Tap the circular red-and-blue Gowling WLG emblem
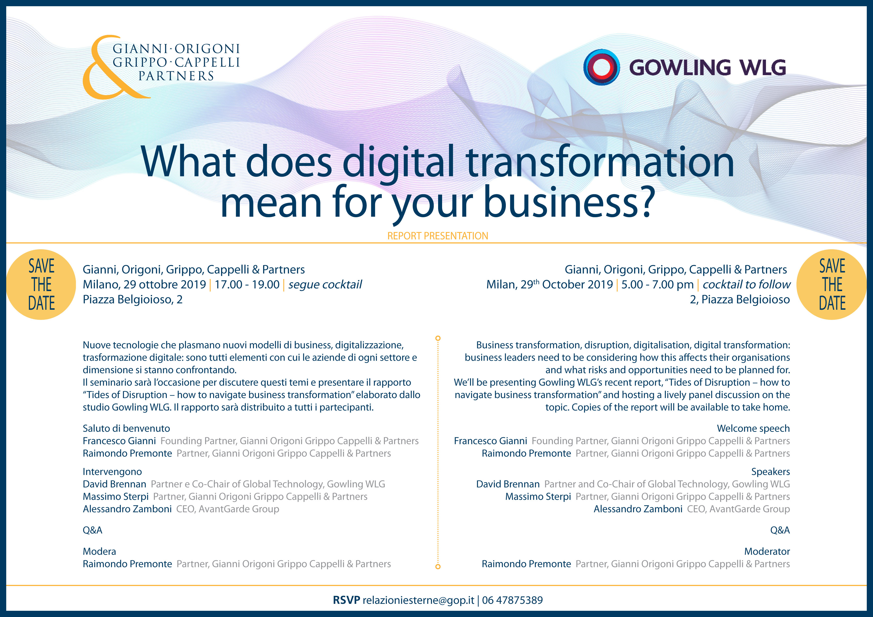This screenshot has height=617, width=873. pyautogui.click(x=601, y=67)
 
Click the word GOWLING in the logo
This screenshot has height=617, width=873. pyautogui.click(x=680, y=68)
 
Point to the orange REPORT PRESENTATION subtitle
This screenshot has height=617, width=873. pyautogui.click(x=438, y=236)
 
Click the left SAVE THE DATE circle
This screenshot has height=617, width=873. pyautogui.click(x=41, y=284)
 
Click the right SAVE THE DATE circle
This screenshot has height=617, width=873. pyautogui.click(x=832, y=284)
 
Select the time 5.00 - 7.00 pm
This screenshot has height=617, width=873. pyautogui.click(x=657, y=285)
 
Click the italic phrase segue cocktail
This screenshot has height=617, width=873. pyautogui.click(x=325, y=285)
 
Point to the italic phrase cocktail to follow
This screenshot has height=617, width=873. pyautogui.click(x=746, y=285)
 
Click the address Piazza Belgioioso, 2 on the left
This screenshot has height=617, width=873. pyautogui.click(x=133, y=300)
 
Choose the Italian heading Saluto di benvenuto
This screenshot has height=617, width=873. pyautogui.click(x=126, y=429)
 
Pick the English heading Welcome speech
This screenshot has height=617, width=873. pyautogui.click(x=753, y=429)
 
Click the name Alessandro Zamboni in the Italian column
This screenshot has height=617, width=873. pyautogui.click(x=127, y=509)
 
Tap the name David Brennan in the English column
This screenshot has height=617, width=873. pyautogui.click(x=508, y=484)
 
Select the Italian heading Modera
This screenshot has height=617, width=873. pyautogui.click(x=99, y=552)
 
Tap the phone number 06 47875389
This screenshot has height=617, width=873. pyautogui.click(x=513, y=600)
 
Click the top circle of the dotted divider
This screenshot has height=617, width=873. pyautogui.click(x=438, y=338)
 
